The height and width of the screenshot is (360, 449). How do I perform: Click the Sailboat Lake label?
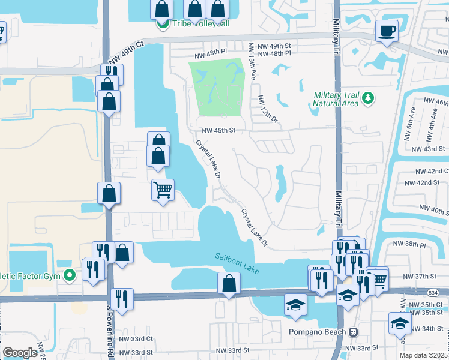237,264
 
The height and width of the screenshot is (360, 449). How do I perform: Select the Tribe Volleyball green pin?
162,25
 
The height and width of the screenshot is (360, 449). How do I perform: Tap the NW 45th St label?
217,130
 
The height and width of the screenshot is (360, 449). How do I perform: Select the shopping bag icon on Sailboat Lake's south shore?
229,284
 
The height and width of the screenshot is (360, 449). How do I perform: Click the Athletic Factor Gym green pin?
70,276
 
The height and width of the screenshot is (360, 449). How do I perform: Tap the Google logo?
20,353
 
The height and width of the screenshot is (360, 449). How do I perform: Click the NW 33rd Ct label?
137,338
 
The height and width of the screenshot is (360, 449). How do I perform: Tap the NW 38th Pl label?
409,245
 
